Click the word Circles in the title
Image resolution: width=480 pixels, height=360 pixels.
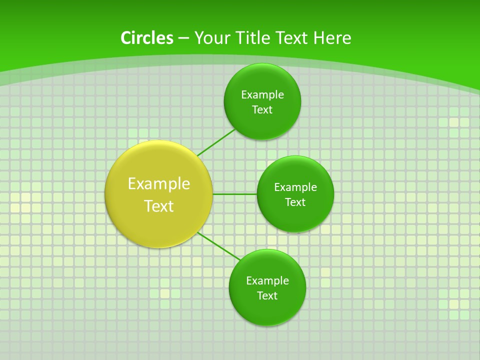(146, 38)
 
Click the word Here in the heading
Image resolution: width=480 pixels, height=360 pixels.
(332, 38)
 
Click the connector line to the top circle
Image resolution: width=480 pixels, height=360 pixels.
(216, 142)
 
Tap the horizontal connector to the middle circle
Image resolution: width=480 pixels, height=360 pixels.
(234, 194)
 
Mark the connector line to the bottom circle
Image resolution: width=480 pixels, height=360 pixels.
(218, 245)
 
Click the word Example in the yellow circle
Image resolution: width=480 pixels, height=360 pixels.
(159, 184)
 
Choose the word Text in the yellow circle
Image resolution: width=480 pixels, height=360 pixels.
(159, 206)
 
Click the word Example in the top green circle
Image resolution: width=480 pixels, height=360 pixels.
(262, 94)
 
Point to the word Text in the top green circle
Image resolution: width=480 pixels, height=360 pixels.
(262, 109)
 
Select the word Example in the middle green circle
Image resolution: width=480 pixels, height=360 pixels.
(295, 187)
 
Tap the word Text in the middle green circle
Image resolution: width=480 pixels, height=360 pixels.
(295, 202)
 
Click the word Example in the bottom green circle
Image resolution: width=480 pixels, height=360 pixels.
(267, 280)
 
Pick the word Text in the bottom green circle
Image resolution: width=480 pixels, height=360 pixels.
(267, 295)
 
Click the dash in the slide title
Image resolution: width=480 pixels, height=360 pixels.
(183, 38)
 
